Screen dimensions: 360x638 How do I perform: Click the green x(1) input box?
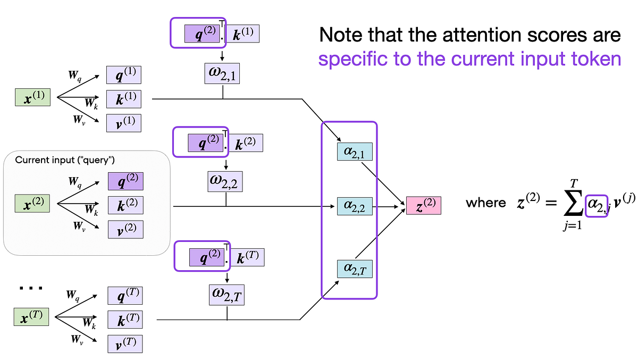pos(32,98)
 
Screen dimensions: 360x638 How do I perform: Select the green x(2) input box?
pos(32,204)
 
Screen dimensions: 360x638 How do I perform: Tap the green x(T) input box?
pos(31,318)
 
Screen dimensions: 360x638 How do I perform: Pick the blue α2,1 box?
pos(355,153)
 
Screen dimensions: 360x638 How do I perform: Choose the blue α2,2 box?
pos(355,205)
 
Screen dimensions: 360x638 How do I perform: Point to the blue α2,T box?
pos(355,269)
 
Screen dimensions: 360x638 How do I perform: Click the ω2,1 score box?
pos(222,74)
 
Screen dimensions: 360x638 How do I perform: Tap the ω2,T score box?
pos(227,294)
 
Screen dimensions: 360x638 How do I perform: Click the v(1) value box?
pos(125,123)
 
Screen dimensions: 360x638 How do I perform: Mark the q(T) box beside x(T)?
pos(125,295)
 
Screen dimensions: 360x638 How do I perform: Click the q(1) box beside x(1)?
pos(125,74)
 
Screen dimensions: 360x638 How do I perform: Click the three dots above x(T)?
pos(30,289)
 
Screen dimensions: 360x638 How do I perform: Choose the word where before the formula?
pos(485,203)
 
